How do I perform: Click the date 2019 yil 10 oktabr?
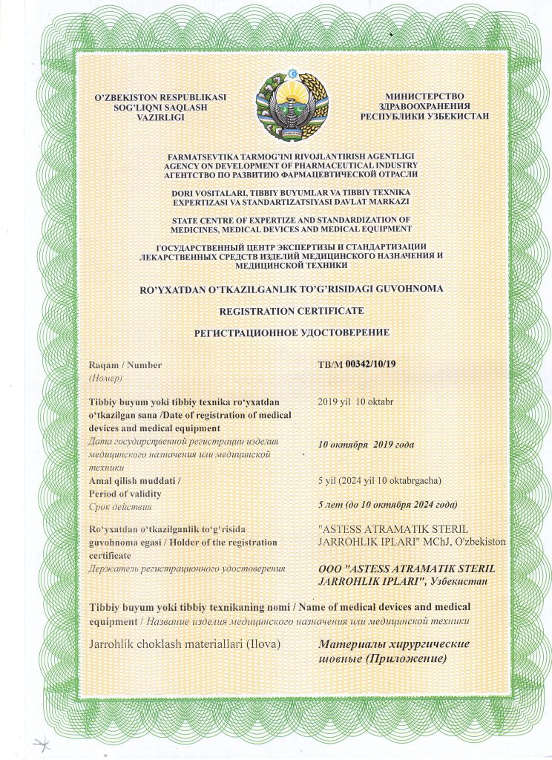(355, 401)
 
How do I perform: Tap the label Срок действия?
(119, 507)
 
